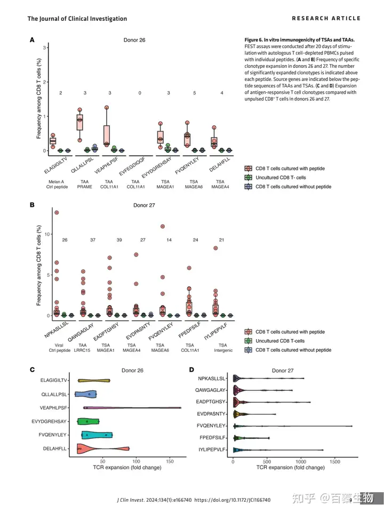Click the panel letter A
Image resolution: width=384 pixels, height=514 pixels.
tap(32, 39)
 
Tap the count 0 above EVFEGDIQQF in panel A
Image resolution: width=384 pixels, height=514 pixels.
tap(140, 93)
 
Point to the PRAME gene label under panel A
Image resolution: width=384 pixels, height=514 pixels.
tap(85, 187)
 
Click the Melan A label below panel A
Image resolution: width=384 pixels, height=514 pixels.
tap(57, 181)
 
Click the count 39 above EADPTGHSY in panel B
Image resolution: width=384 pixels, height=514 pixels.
tap(119, 240)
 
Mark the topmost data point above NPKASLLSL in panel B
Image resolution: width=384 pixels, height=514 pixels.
tap(57, 212)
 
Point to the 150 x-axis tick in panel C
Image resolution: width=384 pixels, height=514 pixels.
tap(170, 461)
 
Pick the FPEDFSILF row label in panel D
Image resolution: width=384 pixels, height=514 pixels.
tap(212, 438)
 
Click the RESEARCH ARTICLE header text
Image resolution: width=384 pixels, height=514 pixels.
tap(326, 18)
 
